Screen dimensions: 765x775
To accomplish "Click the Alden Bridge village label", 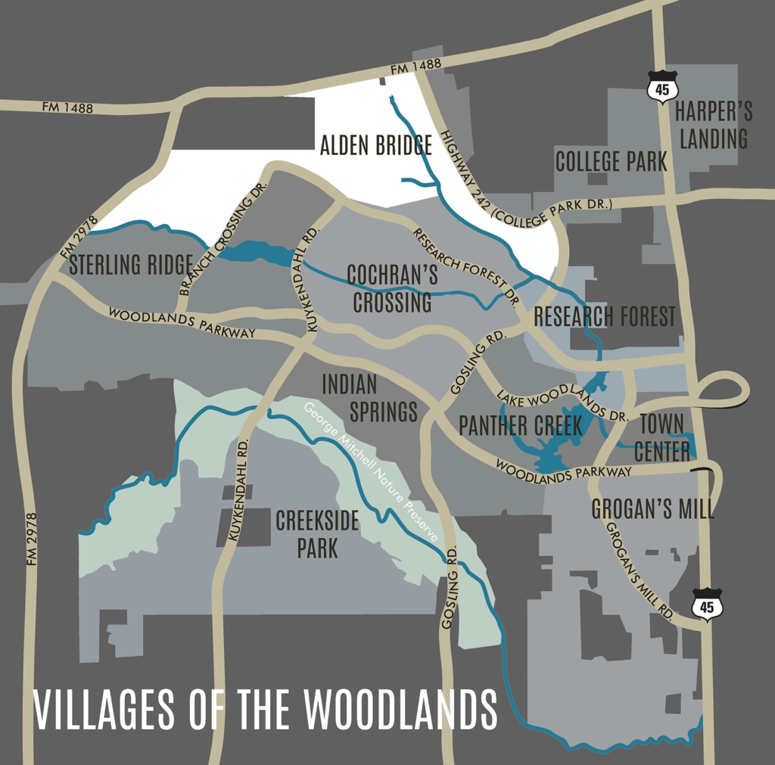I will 375,145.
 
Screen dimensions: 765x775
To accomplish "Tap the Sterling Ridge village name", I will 130,265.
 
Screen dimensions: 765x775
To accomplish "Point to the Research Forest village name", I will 604,317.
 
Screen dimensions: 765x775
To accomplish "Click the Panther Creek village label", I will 521,426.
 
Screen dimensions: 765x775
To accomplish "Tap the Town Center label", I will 662,437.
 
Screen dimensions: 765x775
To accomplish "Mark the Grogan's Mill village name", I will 652,509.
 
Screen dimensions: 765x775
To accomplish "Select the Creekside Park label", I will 317,534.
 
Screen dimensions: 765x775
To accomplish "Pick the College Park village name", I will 611,161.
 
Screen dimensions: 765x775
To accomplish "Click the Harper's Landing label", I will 712,126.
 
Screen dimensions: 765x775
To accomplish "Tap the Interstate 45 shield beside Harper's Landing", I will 663,86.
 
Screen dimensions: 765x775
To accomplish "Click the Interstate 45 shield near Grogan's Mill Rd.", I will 707,605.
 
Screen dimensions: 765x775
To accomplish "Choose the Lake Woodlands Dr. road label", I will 562,405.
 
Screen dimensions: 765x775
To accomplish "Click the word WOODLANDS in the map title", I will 400,709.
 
